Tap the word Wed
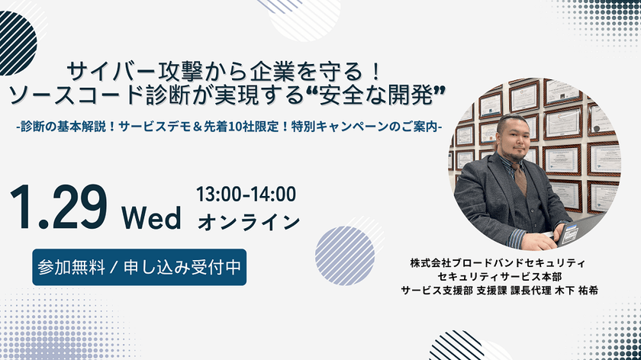pyautogui.click(x=153, y=218)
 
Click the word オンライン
pyautogui.click(x=249, y=222)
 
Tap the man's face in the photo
pyautogui.click(x=511, y=137)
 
